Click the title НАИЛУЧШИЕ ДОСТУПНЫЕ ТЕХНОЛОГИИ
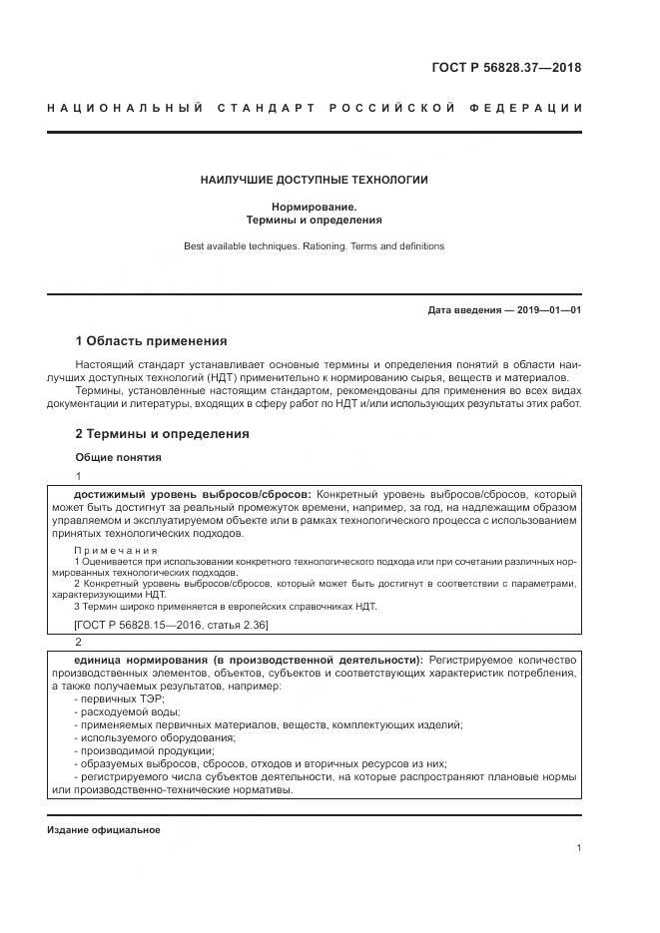pos(315,180)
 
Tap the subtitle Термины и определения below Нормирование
pos(315,220)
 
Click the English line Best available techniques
pos(315,245)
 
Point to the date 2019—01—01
pos(546,310)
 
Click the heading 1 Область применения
pos(151,340)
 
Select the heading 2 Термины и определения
pos(162,434)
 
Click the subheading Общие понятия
pos(118,457)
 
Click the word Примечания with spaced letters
pos(116,550)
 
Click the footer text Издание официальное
pos(103,830)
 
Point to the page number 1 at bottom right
pos(578,848)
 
